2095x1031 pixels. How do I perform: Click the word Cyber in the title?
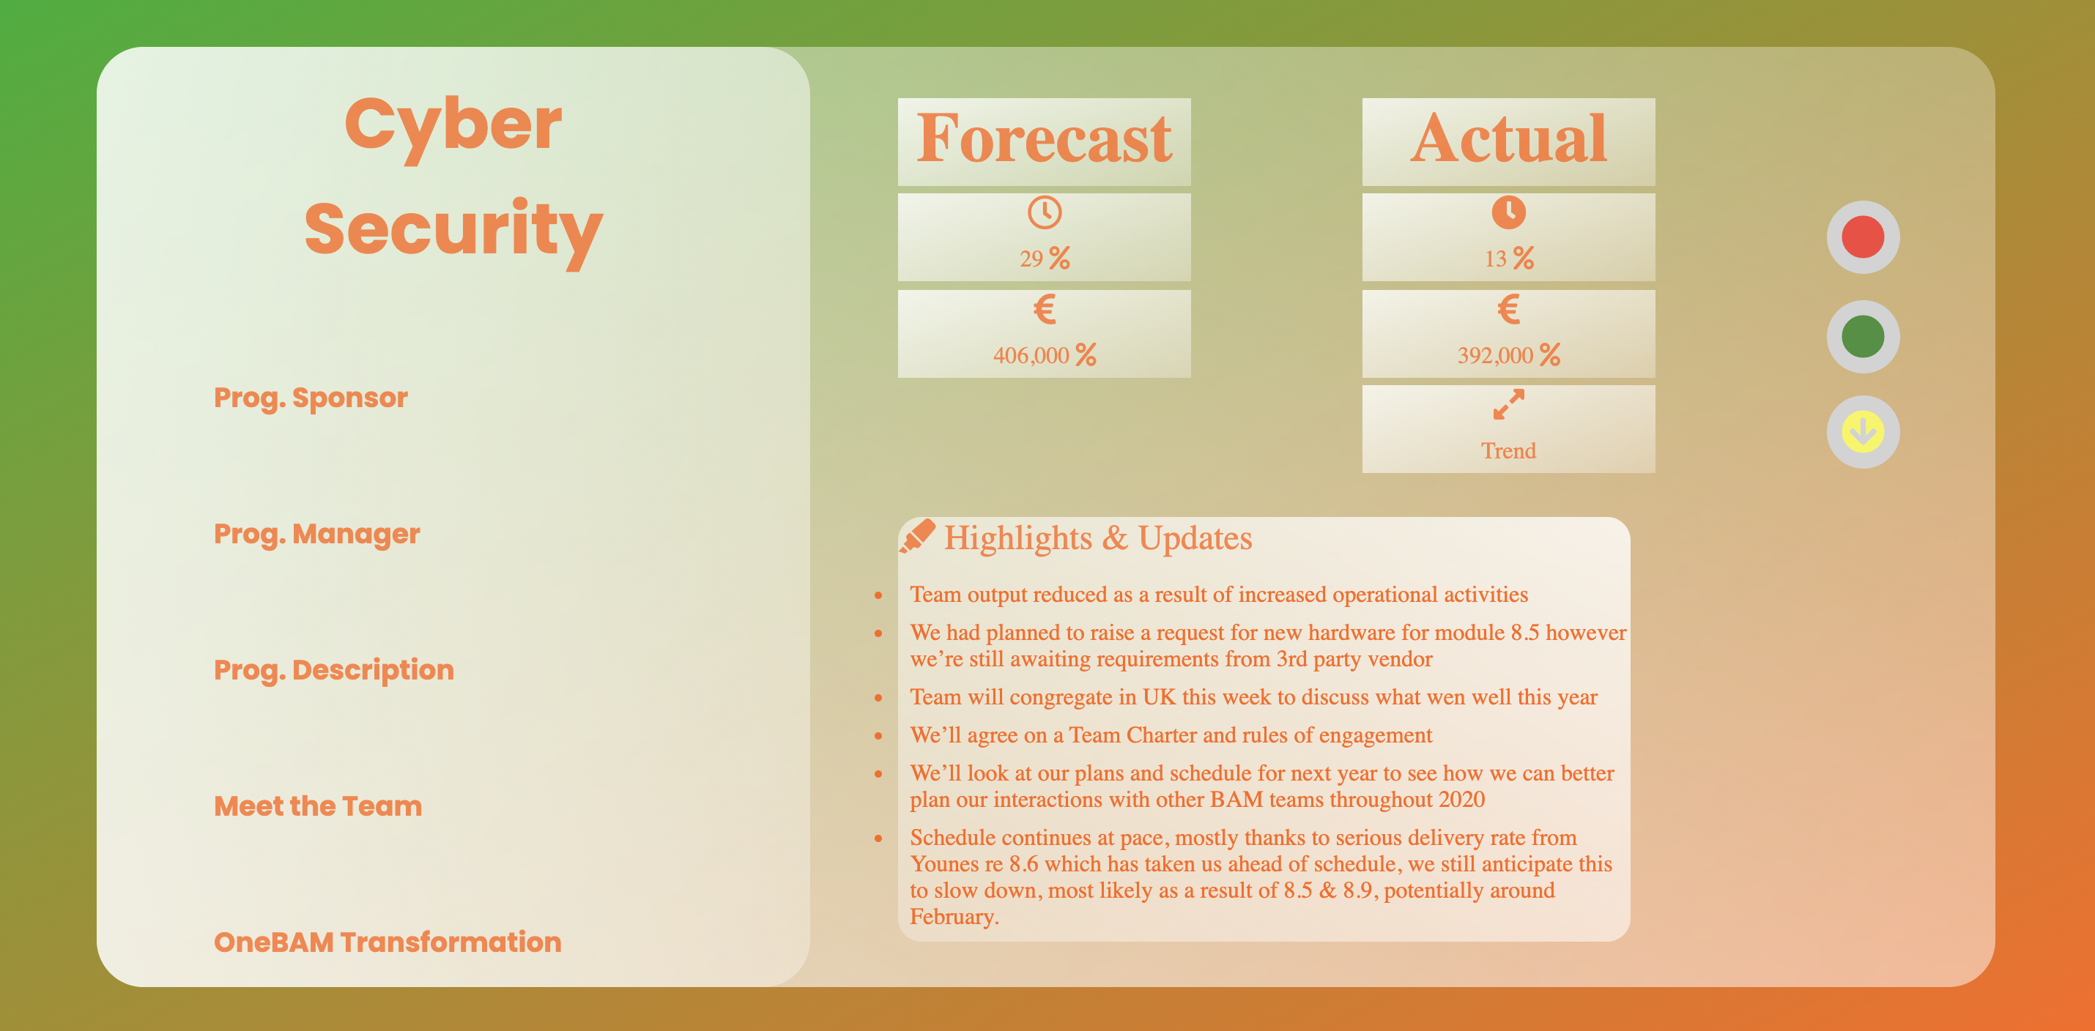453,126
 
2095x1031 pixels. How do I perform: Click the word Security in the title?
453,231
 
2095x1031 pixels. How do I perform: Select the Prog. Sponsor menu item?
311,398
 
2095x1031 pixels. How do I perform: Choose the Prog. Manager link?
317,535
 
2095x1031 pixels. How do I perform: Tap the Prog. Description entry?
334,670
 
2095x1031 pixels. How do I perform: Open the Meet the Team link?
318,805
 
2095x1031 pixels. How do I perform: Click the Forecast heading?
1045,139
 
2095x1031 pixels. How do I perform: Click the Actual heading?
1509,139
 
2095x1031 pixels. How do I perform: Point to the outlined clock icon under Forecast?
1045,212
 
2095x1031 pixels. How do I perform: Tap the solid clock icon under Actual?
1509,212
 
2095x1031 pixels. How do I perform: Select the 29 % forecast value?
1045,258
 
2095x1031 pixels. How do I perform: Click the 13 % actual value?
1509,258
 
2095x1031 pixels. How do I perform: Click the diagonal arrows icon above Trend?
1509,404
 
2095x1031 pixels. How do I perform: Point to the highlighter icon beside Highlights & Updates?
917,537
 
